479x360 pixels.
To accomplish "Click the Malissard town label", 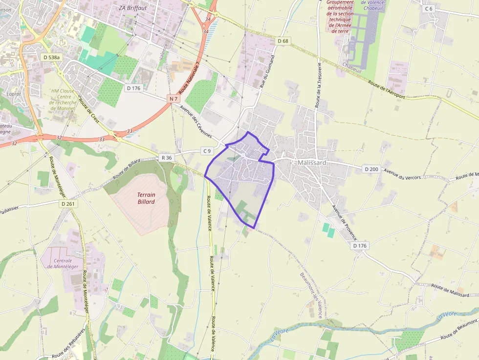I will pos(311,163).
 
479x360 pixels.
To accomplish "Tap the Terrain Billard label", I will pos(146,198).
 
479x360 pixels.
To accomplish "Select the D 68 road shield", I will pos(283,41).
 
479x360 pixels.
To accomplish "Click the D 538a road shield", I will pos(51,57).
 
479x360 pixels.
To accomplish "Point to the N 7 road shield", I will pos(173,99).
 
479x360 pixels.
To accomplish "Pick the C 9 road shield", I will pos(207,151).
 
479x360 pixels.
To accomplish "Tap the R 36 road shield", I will pos(167,157).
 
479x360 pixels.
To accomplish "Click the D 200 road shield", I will pos(371,169).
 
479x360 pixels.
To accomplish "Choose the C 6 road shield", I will pos(429,9).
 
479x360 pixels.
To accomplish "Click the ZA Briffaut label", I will pos(132,7).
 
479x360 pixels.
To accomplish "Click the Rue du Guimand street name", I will pos(267,71).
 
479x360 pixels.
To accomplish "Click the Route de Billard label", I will pos(126,169).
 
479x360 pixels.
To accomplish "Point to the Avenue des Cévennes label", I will pos(196,122).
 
